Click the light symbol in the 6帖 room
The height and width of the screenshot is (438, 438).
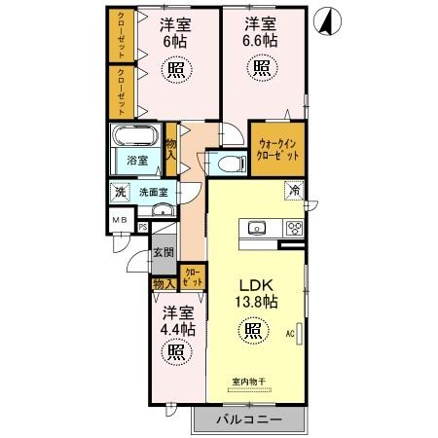176,70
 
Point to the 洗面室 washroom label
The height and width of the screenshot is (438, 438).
150,192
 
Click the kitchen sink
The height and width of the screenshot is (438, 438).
258,229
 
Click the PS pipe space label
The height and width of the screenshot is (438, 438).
142,229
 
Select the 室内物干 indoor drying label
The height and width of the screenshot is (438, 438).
251,381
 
